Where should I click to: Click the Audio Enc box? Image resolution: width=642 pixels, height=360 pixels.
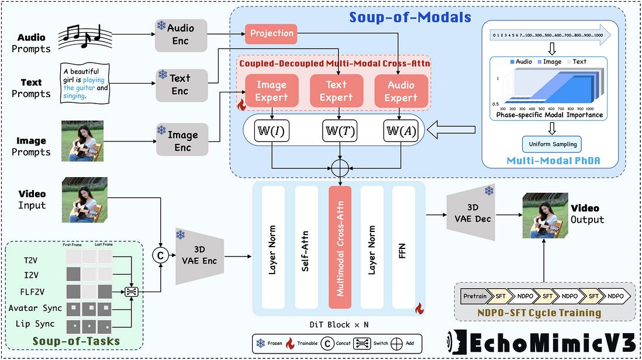(181, 35)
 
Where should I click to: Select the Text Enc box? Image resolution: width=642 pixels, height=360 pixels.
(181, 84)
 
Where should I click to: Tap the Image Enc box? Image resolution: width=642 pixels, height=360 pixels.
(182, 141)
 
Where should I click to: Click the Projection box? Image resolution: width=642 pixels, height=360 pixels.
(271, 33)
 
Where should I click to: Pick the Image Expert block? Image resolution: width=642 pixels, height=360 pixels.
(271, 91)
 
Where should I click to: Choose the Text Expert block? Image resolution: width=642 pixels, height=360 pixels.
(336, 91)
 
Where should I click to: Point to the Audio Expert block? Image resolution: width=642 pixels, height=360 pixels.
(401, 91)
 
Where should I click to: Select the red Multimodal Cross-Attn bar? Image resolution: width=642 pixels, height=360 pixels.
(340, 247)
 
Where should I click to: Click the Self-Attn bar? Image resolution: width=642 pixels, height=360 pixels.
(306, 247)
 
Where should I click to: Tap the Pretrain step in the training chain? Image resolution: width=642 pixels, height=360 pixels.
(474, 296)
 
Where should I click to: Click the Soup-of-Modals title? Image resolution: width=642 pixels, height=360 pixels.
(410, 18)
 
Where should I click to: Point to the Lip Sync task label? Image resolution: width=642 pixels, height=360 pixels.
(32, 324)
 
